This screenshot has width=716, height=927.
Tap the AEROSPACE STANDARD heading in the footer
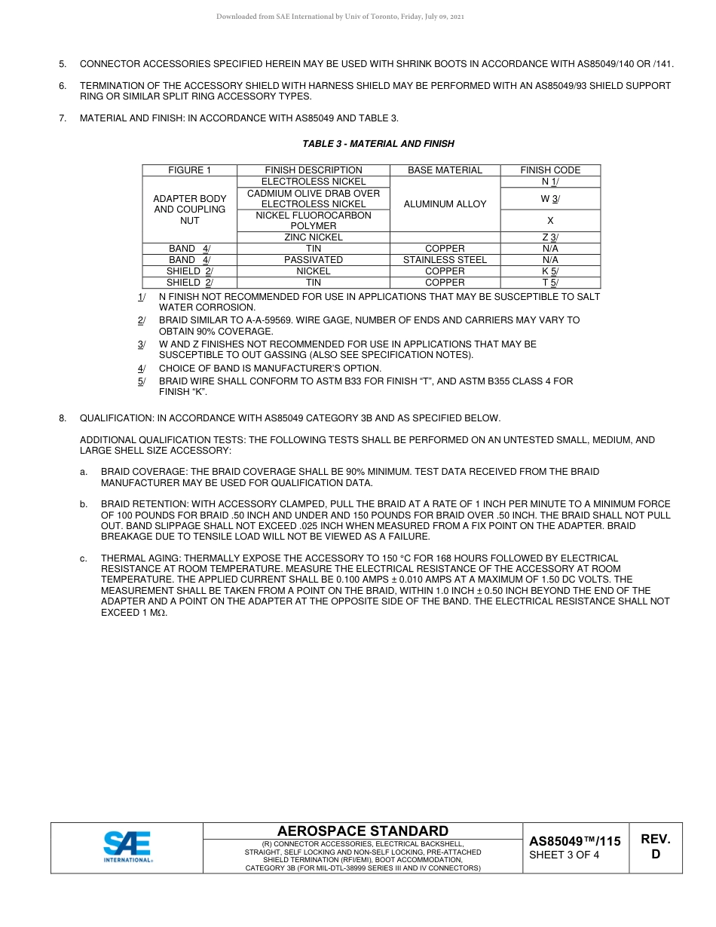coord(363,831)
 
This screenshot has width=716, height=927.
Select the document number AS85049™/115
coord(575,841)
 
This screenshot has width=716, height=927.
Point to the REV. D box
coord(655,847)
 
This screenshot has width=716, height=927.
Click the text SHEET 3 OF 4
coord(565,855)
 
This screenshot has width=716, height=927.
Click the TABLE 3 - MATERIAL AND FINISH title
coord(378,143)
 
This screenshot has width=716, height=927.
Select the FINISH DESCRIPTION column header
coord(314,170)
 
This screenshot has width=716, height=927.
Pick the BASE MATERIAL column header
coord(445,170)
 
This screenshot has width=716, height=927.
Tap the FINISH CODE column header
coord(550,170)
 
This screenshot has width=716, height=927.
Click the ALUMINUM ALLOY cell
coord(445,203)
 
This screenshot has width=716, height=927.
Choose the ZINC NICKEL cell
coord(314,237)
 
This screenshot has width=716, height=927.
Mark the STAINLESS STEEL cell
coord(445,260)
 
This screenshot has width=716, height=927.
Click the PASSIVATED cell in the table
coord(314,260)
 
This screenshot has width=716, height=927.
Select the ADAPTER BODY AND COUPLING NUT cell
coord(190,210)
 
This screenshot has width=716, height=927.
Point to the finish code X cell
coord(550,221)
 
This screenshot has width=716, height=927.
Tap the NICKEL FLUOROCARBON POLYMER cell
coord(314,221)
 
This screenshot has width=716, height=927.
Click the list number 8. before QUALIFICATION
coord(63,418)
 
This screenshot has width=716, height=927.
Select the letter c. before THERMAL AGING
coord(84,558)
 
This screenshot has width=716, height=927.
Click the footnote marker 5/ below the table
coord(141,381)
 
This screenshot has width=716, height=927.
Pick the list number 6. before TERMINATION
coord(63,86)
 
